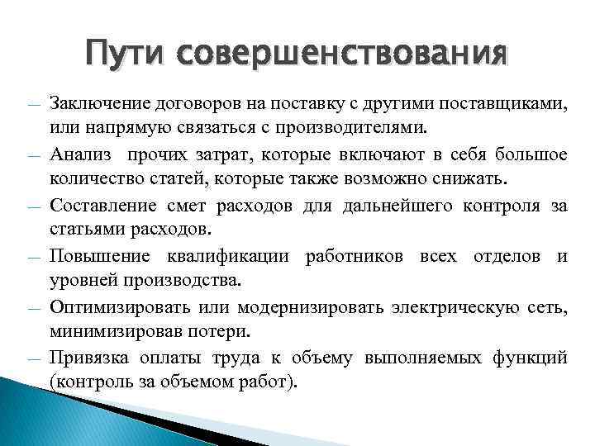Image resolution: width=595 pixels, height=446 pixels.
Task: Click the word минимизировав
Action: (113, 332)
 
